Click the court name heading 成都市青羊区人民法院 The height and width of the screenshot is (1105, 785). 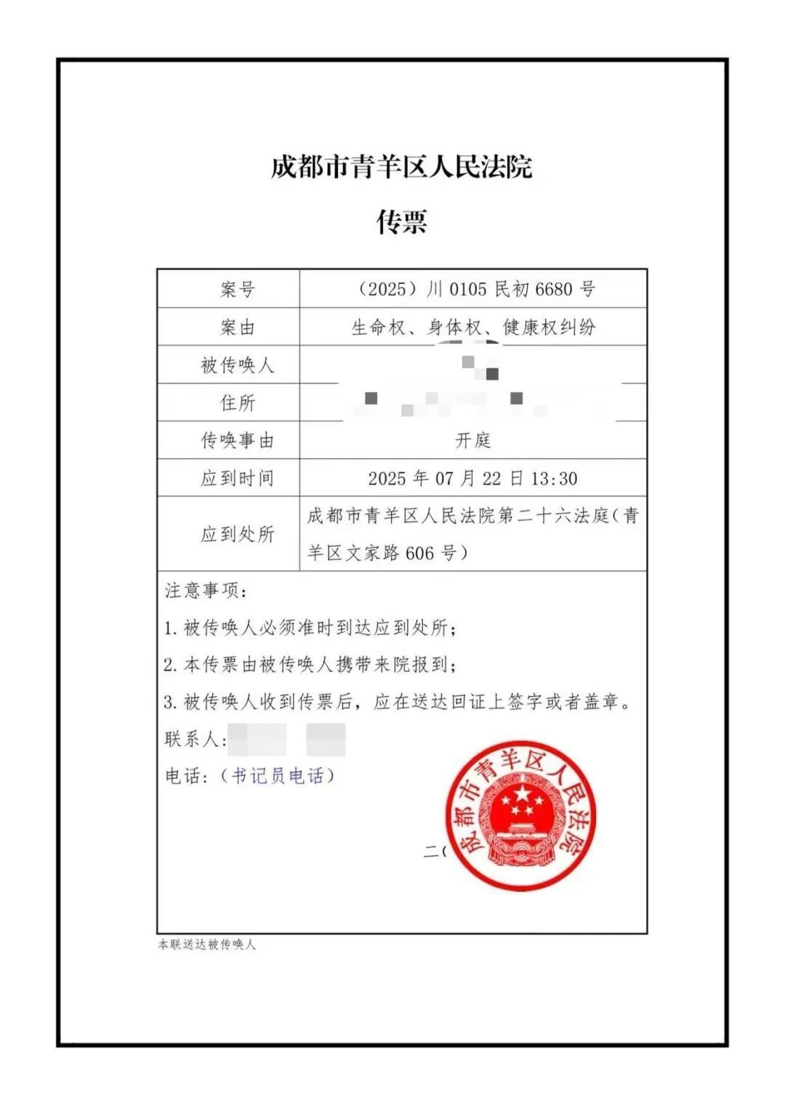(401, 166)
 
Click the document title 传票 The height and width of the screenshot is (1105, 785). (401, 222)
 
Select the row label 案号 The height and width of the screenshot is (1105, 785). (238, 290)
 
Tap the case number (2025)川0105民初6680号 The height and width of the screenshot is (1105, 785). (477, 289)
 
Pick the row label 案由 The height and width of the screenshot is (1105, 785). (238, 328)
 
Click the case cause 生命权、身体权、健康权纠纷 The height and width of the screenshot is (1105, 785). (473, 327)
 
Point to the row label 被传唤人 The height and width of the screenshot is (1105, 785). (238, 365)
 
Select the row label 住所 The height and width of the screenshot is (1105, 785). (238, 403)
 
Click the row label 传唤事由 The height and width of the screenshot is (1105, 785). (238, 441)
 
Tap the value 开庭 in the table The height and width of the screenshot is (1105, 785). (473, 440)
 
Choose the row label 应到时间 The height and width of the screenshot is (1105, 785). (238, 479)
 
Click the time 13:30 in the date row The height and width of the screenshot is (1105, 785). (554, 479)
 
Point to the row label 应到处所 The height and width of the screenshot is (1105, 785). (238, 535)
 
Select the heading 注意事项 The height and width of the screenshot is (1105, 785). (204, 591)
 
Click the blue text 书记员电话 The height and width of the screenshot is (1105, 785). (278, 777)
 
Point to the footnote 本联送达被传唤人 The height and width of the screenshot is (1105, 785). (207, 945)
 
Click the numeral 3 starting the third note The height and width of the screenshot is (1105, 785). (169, 703)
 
